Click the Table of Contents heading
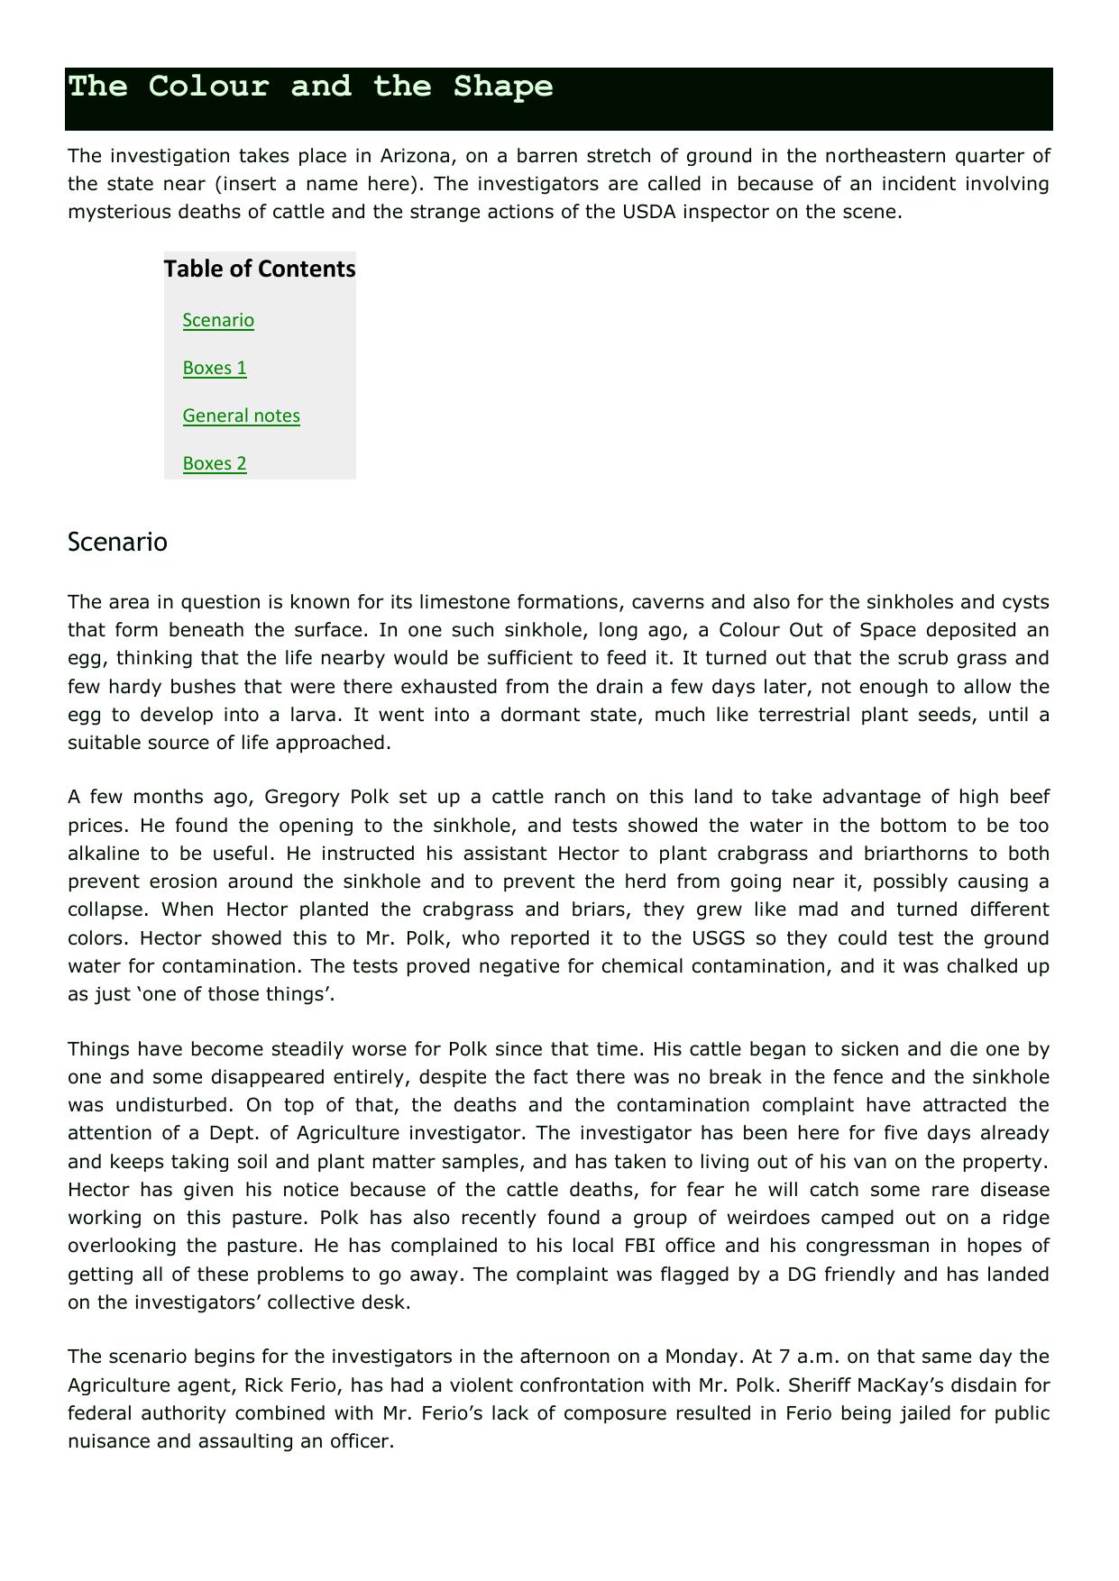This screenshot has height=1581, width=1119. (x=260, y=269)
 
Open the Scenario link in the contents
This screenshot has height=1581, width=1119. (x=218, y=320)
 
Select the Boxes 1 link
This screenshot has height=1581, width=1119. (x=215, y=368)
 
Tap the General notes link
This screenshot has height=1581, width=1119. (x=241, y=416)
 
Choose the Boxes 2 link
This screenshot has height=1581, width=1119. (x=215, y=463)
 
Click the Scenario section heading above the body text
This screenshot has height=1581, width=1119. (x=117, y=542)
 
